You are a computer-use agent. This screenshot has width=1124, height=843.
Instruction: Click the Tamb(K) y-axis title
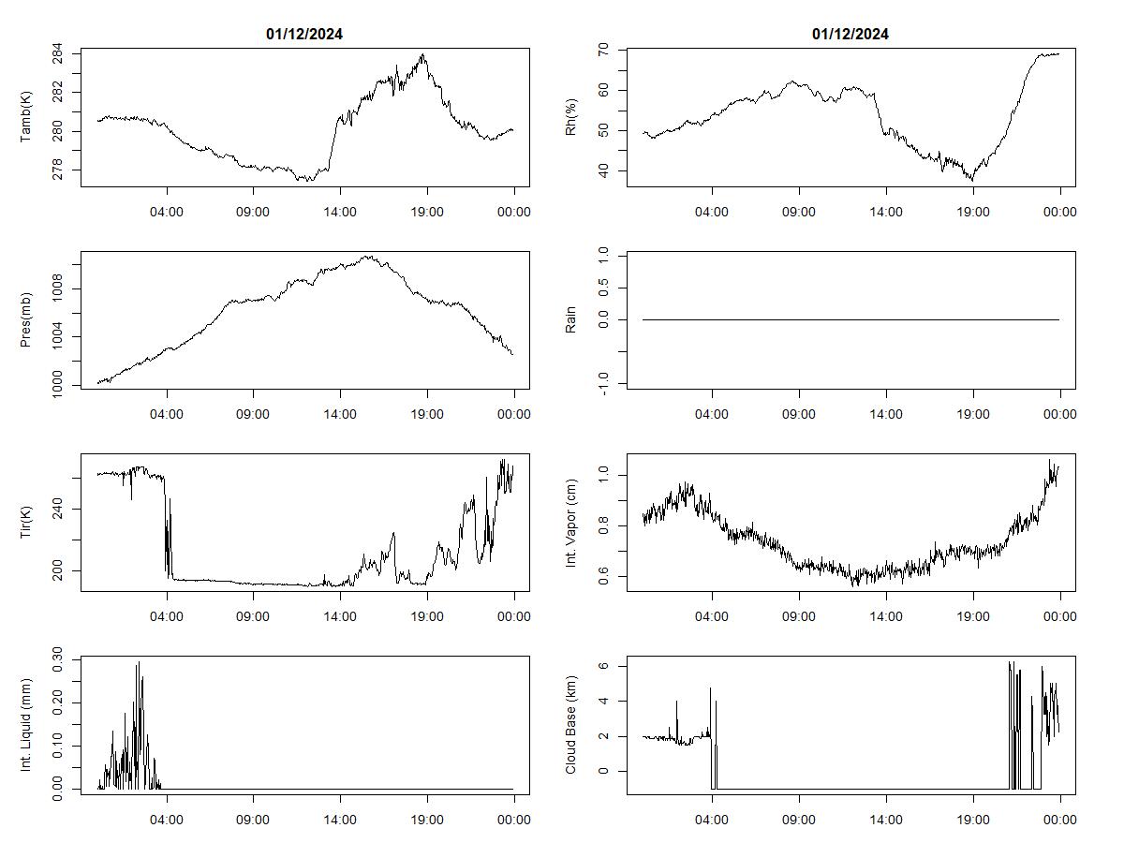coord(26,118)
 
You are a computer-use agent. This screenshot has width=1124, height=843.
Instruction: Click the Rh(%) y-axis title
coord(571,118)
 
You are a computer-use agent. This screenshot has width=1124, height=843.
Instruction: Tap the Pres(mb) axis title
coord(26,320)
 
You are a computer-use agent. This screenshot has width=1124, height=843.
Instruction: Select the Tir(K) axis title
coord(26,523)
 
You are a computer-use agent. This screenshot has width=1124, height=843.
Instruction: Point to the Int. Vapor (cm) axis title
coord(571,523)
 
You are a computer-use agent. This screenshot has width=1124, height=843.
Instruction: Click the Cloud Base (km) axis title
coord(571,725)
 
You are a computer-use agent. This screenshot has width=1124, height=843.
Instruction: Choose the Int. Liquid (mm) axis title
coord(26,725)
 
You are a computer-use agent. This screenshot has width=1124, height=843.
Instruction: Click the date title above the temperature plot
coord(304,35)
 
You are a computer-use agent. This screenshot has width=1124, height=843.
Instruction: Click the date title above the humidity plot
coord(850,35)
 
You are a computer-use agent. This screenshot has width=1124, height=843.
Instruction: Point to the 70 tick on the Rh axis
coord(603,49)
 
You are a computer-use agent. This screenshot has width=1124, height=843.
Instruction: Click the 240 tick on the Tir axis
coord(58,509)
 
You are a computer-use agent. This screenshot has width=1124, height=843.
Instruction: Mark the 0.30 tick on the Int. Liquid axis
coord(58,658)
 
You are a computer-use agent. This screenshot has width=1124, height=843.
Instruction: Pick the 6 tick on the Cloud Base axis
coord(603,665)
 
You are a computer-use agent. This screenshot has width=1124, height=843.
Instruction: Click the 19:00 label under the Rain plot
coord(973,414)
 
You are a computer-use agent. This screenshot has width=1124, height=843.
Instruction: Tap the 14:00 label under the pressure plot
coord(340,414)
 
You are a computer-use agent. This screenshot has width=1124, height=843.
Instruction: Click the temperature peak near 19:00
coord(423,54)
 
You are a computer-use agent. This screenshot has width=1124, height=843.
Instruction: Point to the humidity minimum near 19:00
coord(972,179)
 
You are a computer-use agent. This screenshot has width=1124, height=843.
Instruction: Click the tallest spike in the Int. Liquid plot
coord(138,662)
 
